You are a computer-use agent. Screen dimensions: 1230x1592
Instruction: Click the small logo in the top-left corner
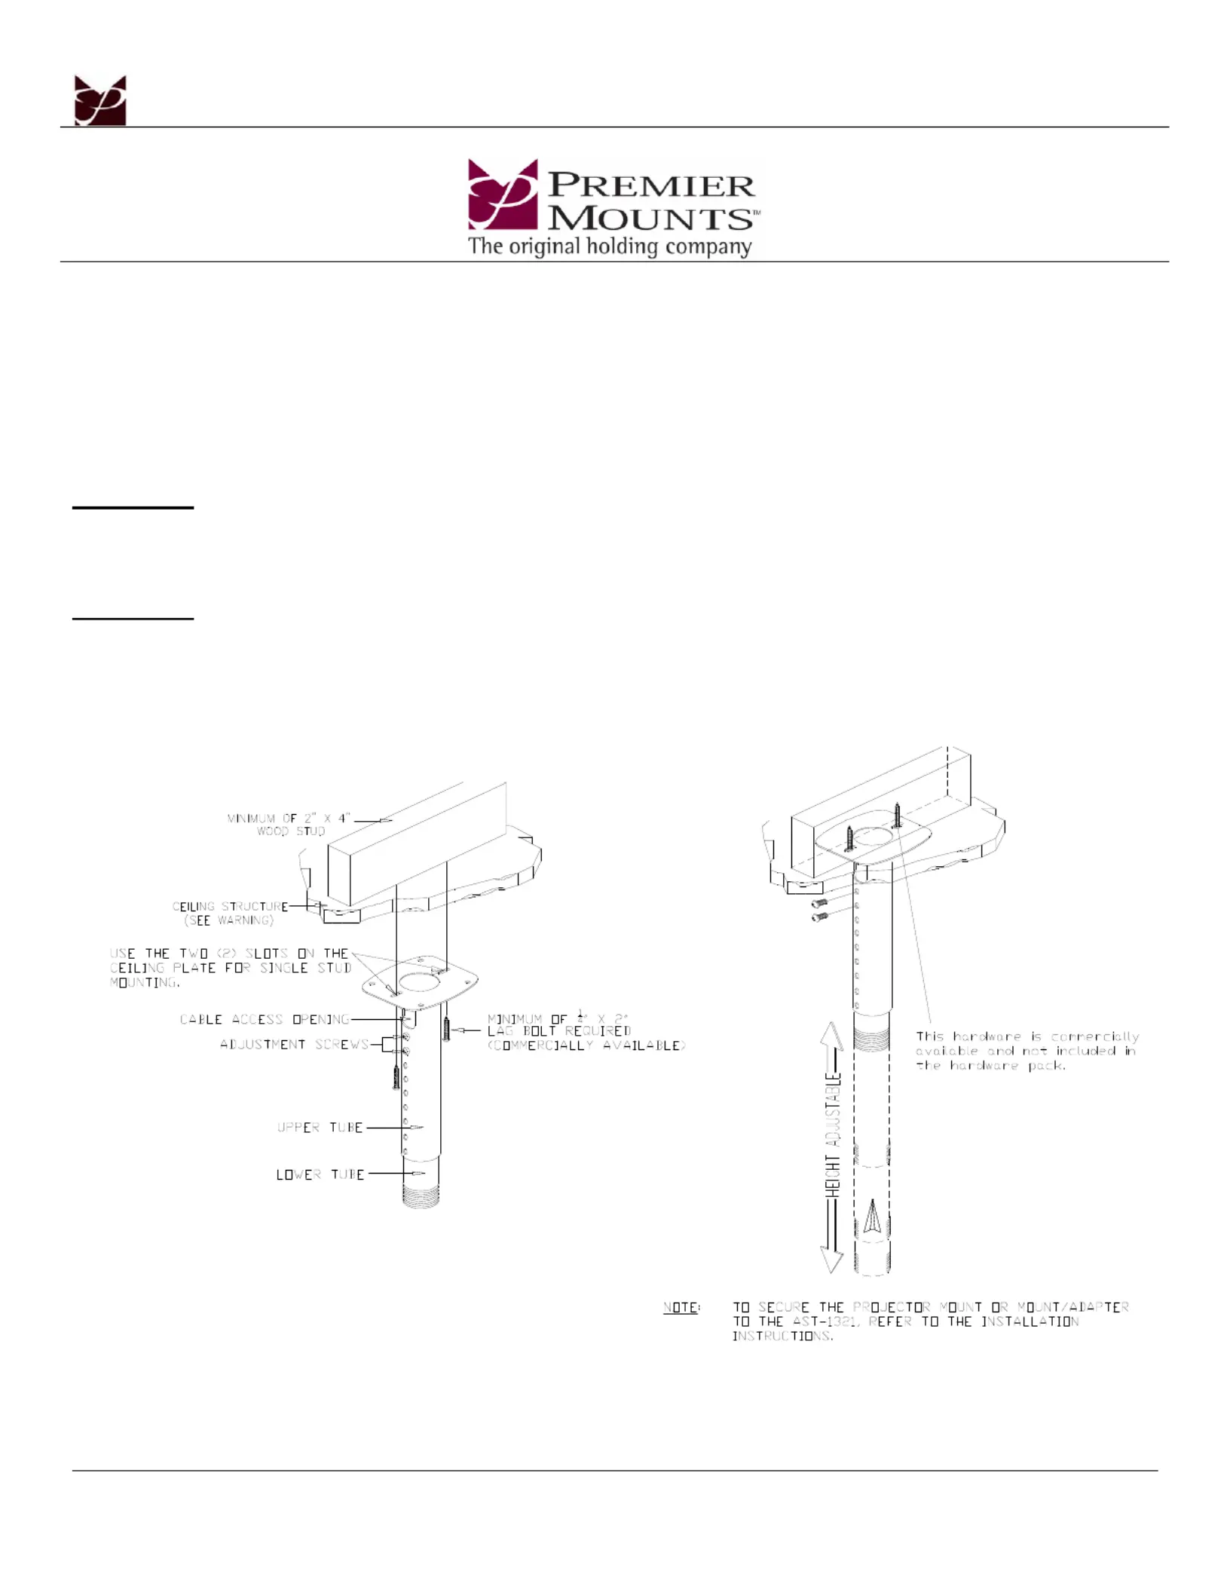click(x=99, y=100)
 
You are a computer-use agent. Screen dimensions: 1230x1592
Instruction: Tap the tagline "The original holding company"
click(x=610, y=246)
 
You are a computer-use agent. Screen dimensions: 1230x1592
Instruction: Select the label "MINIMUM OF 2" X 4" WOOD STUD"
click(x=289, y=824)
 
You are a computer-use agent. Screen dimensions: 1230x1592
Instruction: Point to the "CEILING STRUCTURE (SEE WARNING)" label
click(x=230, y=913)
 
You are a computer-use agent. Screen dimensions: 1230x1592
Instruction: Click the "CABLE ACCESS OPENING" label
click(x=265, y=1019)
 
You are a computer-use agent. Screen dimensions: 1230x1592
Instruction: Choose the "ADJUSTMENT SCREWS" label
click(x=295, y=1044)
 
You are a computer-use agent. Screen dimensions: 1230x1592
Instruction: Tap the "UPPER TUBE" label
click(x=320, y=1127)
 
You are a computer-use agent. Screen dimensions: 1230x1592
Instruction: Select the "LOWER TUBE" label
click(x=320, y=1174)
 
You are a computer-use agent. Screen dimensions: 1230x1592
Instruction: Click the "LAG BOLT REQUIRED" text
click(x=559, y=1030)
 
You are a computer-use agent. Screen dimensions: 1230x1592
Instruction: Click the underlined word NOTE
click(x=681, y=1307)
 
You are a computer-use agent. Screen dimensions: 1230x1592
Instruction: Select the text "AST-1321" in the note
click(x=825, y=1321)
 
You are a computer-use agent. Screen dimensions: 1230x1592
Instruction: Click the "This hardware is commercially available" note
click(x=1027, y=1051)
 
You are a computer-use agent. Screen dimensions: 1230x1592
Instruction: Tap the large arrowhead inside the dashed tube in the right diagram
click(x=872, y=1216)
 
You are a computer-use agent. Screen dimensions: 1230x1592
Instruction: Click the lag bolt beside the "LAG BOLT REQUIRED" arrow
click(x=446, y=1029)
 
